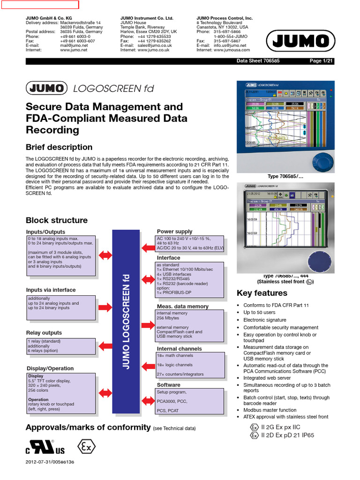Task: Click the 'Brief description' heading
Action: [59, 147]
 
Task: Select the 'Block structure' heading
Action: [57, 220]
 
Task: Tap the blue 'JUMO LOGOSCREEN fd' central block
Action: [126, 322]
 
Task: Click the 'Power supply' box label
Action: [174, 232]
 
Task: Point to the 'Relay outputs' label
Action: [44, 333]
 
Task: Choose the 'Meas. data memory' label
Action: [182, 307]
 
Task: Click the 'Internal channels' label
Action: [179, 349]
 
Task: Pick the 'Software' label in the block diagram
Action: [168, 385]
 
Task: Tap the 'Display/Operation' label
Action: [50, 368]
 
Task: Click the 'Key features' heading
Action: [262, 293]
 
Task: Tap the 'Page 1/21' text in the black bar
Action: [321, 61]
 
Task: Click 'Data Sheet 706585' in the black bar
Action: [257, 61]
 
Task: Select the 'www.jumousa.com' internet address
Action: [232, 50]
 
